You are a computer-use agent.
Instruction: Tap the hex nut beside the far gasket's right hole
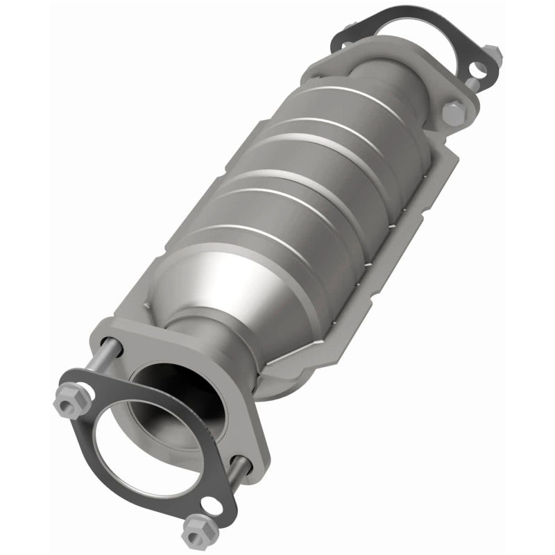(x=491, y=52)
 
